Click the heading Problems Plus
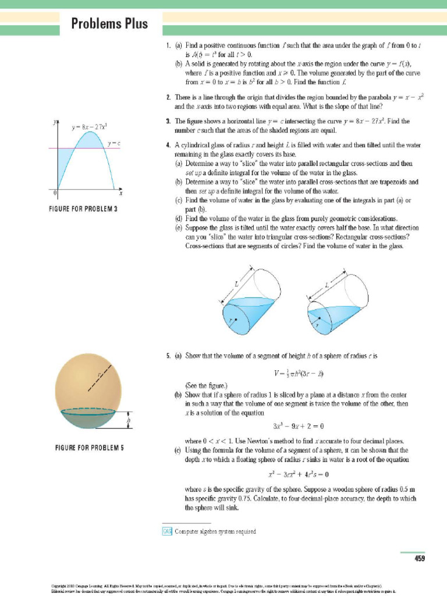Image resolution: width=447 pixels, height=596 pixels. (109, 24)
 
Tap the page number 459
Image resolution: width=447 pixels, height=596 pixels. (419, 559)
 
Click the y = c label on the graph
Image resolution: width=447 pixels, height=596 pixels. (113, 143)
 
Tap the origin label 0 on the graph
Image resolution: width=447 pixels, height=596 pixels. (55, 191)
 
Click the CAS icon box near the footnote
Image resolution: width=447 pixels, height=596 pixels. (166, 531)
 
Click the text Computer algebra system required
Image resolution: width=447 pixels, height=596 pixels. (215, 531)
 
